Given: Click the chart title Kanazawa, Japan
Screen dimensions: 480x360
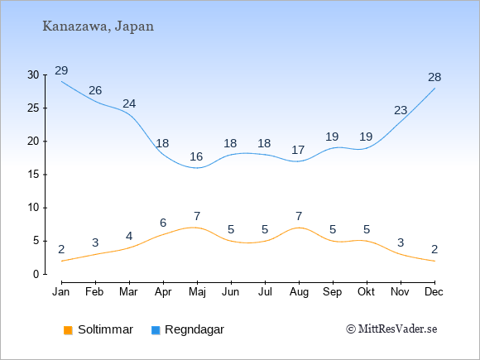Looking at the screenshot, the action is coord(98,26).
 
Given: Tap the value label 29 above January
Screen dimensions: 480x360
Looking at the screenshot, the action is coord(61,70).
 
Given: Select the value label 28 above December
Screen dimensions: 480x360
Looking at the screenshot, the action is coord(434,78).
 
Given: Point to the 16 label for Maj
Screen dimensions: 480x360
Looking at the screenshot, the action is coord(196,156).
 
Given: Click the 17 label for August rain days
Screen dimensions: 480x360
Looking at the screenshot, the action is coord(298,150).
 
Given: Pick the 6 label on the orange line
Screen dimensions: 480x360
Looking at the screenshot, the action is coord(163,223).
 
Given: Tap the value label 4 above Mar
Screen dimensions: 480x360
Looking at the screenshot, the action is coord(129,237).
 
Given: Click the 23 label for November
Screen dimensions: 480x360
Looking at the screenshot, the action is coord(401,110).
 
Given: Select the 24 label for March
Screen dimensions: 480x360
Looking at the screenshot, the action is coord(129,103).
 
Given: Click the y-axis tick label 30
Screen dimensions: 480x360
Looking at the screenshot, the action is coord(33,74).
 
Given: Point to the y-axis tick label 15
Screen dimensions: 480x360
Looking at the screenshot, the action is coord(33,175).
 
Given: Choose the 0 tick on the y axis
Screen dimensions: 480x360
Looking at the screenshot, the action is coord(36,274).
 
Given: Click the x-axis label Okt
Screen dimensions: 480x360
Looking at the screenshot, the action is coord(366,292).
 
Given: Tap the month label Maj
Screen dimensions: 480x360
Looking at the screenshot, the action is coord(197,292).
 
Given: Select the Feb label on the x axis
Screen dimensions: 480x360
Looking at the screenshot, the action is coord(94,292).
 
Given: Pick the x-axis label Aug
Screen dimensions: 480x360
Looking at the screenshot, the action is coord(299,292).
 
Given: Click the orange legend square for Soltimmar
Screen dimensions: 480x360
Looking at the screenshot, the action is coord(68,330).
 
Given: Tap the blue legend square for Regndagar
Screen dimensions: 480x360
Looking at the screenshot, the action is coord(156,330).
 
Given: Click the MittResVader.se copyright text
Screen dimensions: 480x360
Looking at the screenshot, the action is coord(391,329).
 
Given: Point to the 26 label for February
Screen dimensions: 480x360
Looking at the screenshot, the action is coord(95,90).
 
